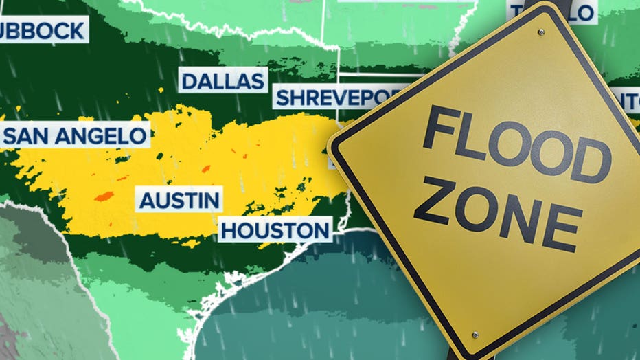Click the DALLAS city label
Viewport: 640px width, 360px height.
(x=223, y=80)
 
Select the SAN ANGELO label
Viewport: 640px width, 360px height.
(x=76, y=135)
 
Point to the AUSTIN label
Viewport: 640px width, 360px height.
(x=180, y=201)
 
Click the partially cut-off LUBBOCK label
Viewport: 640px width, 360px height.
(x=43, y=30)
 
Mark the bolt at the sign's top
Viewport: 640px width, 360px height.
(x=541, y=32)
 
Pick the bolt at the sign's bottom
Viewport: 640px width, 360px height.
(x=475, y=335)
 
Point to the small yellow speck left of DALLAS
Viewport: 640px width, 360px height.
(x=161, y=89)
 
